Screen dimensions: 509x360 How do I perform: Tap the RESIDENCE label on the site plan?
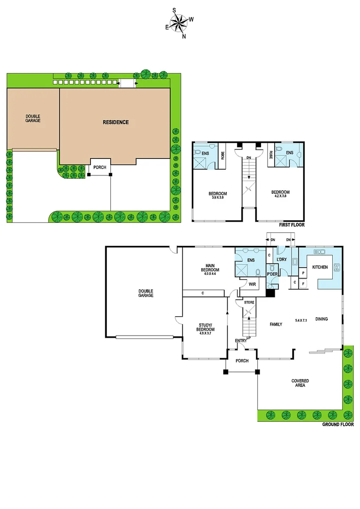(x=115, y=123)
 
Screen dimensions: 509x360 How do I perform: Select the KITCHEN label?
(x=320, y=267)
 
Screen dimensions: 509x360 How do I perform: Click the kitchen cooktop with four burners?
(x=337, y=268)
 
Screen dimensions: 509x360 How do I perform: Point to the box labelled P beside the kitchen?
(x=303, y=273)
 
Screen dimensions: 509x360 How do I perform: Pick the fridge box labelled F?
(x=303, y=283)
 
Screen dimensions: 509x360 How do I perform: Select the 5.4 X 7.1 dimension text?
(x=301, y=320)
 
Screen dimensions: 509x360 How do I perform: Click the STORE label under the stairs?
(x=249, y=302)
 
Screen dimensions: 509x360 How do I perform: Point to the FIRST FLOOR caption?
(x=292, y=225)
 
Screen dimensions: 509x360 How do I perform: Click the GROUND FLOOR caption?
(x=338, y=425)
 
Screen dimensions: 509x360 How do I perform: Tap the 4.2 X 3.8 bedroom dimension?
(x=280, y=197)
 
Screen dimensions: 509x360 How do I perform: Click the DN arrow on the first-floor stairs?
(x=248, y=158)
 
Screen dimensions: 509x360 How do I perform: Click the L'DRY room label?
(x=282, y=260)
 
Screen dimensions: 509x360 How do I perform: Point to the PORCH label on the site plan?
(x=99, y=167)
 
